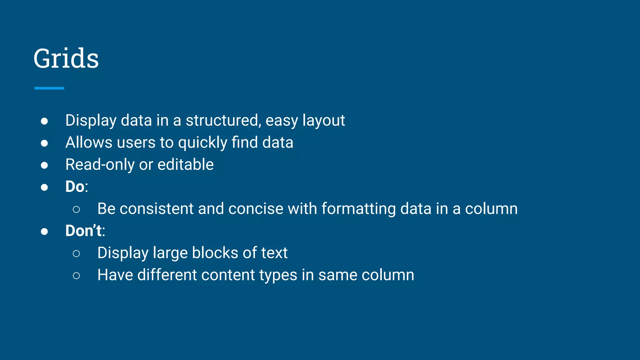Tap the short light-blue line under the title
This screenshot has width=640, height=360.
tap(49, 88)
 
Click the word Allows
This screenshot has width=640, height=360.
tap(89, 142)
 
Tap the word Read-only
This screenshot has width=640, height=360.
tap(100, 164)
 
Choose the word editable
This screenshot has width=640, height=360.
tap(186, 164)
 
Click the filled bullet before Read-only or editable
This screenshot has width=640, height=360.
tap(44, 165)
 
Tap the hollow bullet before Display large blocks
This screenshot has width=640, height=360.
tap(76, 253)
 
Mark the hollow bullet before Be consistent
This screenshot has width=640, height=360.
tap(76, 209)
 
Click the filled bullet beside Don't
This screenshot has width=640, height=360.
tap(44, 232)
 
